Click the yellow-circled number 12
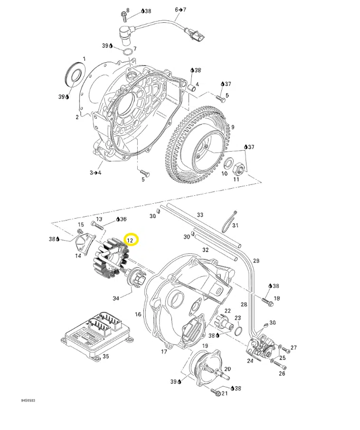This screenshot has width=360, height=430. [130, 240]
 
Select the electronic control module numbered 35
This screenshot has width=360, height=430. [97, 335]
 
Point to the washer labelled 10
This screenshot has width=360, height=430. [227, 164]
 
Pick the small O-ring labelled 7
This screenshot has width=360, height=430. [127, 52]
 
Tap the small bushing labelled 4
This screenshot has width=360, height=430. [192, 88]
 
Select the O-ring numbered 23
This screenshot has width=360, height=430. [238, 331]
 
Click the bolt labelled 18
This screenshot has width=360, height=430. [267, 302]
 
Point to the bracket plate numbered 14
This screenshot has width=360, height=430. [84, 241]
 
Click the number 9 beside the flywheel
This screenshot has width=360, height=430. [233, 127]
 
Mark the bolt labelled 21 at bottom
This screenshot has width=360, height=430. [216, 392]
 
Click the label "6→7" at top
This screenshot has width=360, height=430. [180, 10]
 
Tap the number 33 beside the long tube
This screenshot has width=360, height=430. [200, 215]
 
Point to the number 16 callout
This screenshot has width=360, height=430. [138, 314]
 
